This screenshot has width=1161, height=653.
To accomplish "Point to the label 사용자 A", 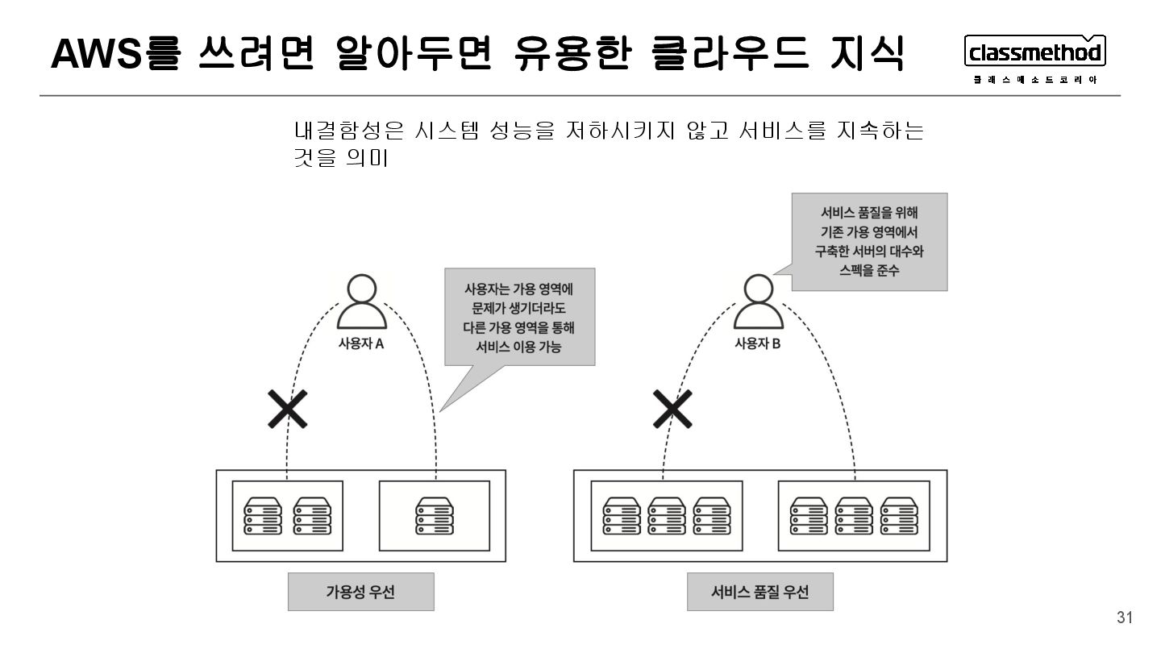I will click(360, 343).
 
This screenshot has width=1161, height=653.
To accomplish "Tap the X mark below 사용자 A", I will click(288, 410).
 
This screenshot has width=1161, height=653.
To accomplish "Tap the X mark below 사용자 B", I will click(672, 410).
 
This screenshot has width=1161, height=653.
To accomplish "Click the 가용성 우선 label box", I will click(360, 592).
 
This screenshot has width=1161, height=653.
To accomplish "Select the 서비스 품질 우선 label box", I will click(759, 592).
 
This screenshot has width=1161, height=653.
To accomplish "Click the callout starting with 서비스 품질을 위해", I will click(869, 242).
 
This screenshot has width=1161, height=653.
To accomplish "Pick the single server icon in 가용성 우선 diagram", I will click(435, 516).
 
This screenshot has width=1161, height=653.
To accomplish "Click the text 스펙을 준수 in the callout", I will click(869, 271).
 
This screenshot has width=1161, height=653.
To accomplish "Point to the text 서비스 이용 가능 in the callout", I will click(520, 347).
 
